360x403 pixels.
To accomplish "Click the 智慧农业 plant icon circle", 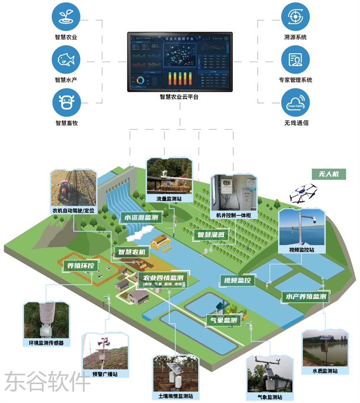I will [x=66, y=16].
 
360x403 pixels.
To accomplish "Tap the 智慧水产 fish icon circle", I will [x=66, y=59].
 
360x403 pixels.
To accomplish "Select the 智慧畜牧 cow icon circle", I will [x=66, y=103].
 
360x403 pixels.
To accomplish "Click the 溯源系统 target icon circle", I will [x=295, y=16].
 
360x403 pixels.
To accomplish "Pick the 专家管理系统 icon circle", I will [x=295, y=59].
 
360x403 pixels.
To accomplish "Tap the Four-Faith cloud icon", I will [x=295, y=103].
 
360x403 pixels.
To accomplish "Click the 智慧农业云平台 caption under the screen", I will [x=179, y=97].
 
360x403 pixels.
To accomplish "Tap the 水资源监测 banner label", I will [x=141, y=218].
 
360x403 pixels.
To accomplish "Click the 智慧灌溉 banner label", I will [x=211, y=235].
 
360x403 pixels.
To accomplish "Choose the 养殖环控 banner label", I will [x=81, y=265].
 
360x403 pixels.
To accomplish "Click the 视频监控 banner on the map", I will [x=237, y=280].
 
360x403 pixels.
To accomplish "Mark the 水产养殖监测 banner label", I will [x=306, y=297].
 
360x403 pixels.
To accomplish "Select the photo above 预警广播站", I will [x=105, y=352].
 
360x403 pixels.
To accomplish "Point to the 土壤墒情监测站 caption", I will [x=176, y=396].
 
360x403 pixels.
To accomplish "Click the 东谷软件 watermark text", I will [x=47, y=381].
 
